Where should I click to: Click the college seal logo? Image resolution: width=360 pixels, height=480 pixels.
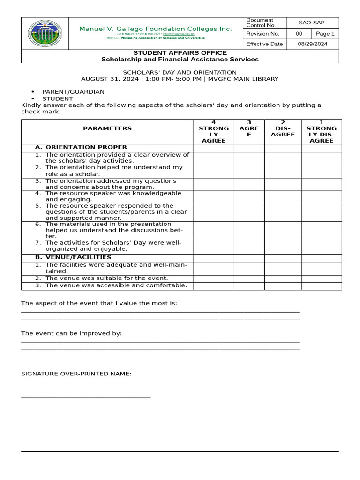coord(45,33)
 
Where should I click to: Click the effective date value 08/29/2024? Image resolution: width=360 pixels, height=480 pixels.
coord(313,44)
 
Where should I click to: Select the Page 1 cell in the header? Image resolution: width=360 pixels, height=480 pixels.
coord(325,34)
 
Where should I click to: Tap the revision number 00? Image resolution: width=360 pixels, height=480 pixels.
coord(299,34)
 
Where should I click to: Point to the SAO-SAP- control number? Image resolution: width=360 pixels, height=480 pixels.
coord(313,23)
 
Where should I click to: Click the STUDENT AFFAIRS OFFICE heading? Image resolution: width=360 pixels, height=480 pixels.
coord(180,53)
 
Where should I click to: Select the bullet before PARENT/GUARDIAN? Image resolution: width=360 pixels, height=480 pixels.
coord(33,92)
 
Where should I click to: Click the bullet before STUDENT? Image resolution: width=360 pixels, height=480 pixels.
coord(33,99)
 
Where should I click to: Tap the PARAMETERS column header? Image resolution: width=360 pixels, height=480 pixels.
coord(107,128)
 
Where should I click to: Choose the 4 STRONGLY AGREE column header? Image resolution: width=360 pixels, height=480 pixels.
coord(214,132)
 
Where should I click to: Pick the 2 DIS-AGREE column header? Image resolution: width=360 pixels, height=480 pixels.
coord(283,131)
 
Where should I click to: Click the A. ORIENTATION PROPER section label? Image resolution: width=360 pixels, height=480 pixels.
coord(80,147)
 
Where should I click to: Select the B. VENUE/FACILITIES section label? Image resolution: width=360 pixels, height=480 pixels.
coord(73,257)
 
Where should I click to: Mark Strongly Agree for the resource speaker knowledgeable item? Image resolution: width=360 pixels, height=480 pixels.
coord(214,196)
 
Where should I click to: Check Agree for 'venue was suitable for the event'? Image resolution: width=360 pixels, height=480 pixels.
coord(249,278)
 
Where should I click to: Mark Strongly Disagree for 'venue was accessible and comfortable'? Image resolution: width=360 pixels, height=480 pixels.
coord(321,286)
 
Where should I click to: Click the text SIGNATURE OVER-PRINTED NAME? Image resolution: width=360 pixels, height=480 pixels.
coord(76,374)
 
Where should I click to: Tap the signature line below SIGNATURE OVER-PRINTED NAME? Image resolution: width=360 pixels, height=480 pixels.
coord(86,397)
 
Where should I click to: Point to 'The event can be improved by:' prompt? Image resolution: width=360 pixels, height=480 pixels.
coord(71,333)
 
